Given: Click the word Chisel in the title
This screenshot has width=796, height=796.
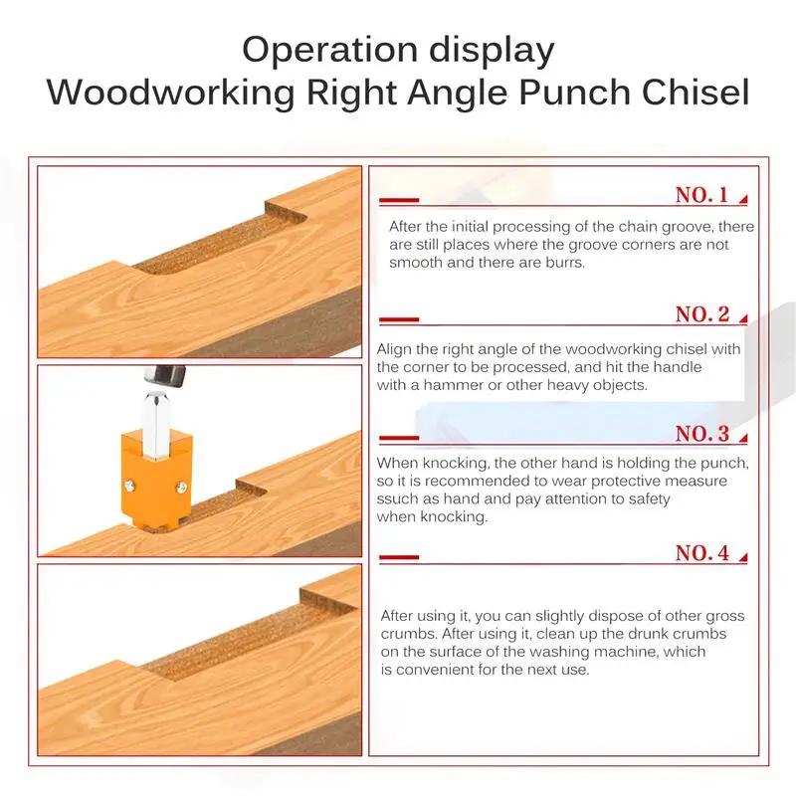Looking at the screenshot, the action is tap(696, 92).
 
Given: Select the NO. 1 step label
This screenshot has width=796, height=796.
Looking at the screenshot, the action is tap(701, 195).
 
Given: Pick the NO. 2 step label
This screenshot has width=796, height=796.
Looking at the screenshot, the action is tap(702, 314).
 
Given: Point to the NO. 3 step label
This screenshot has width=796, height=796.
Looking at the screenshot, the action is tap(702, 434).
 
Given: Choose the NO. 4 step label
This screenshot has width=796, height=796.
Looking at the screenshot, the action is tap(702, 553).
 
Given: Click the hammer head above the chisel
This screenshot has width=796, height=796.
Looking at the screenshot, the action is tap(165, 376).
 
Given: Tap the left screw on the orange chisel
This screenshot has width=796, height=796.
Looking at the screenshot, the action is tap(130, 487).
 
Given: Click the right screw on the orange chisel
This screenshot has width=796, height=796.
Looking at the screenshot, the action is tap(181, 489).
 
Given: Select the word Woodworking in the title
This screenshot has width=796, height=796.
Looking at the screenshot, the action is tap(170, 94).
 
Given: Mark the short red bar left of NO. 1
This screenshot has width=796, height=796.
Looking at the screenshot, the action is tap(399, 201).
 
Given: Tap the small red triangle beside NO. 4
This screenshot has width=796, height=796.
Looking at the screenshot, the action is tap(743, 558).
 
